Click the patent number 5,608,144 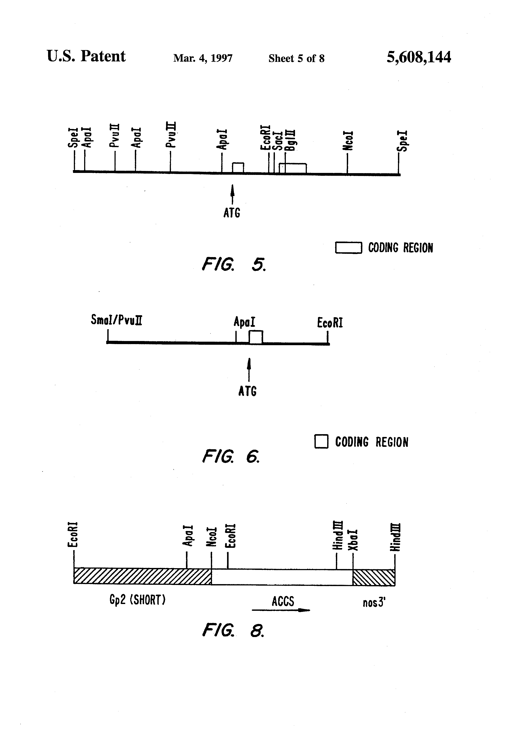418,57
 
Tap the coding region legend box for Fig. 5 348,248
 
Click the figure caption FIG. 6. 230,456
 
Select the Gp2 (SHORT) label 137,600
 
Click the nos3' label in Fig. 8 374,603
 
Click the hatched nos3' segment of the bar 374,578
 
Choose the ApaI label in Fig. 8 188,535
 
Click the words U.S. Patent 86,56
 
